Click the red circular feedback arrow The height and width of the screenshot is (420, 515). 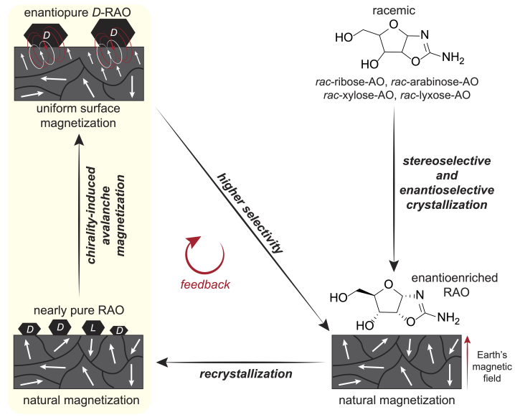(x=211, y=253)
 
